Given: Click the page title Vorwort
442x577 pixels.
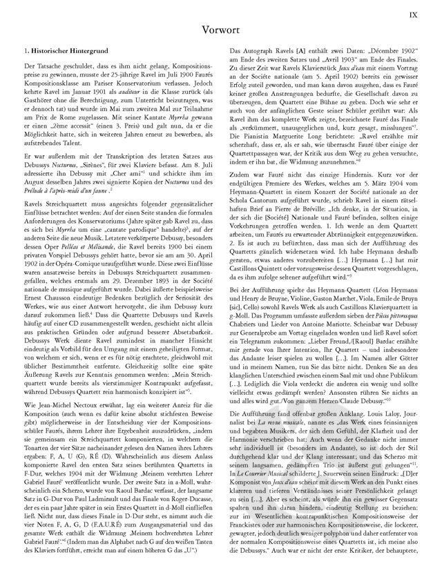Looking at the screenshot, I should point(221,30).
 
